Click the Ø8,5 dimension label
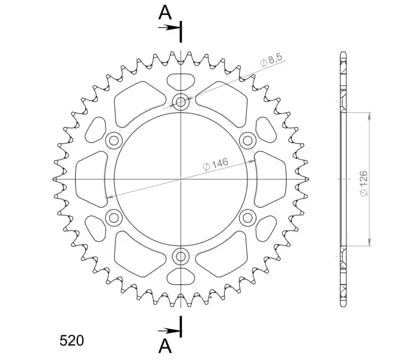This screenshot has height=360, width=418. click(271, 61)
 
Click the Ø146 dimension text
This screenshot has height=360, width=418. click(216, 164)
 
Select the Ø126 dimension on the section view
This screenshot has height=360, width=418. click(363, 184)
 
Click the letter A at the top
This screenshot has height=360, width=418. click(165, 13)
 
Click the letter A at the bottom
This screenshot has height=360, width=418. click(165, 346)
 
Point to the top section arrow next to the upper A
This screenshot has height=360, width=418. click(169, 28)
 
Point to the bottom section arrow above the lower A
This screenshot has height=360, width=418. click(169, 331)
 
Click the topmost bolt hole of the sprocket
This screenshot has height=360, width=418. click(181, 101)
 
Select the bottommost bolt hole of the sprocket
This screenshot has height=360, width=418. click(181, 257)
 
